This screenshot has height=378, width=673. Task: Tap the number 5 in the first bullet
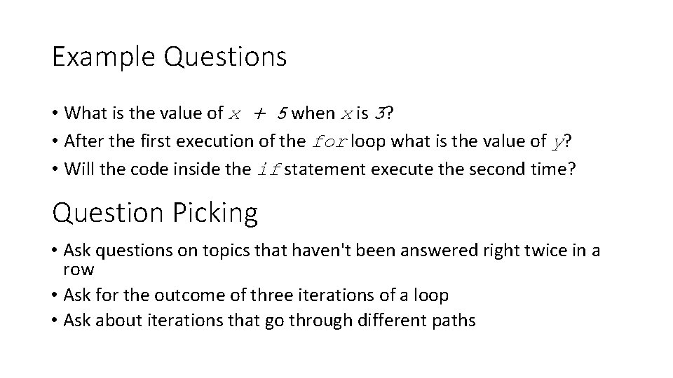pos(280,113)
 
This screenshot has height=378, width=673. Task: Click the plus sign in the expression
pos(260,113)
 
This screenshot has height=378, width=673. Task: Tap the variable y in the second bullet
pos(557,143)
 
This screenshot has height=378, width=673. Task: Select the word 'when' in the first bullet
pos(313,113)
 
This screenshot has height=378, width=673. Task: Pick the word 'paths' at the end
pos(455,321)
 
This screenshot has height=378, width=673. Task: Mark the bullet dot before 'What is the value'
pos(55,113)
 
